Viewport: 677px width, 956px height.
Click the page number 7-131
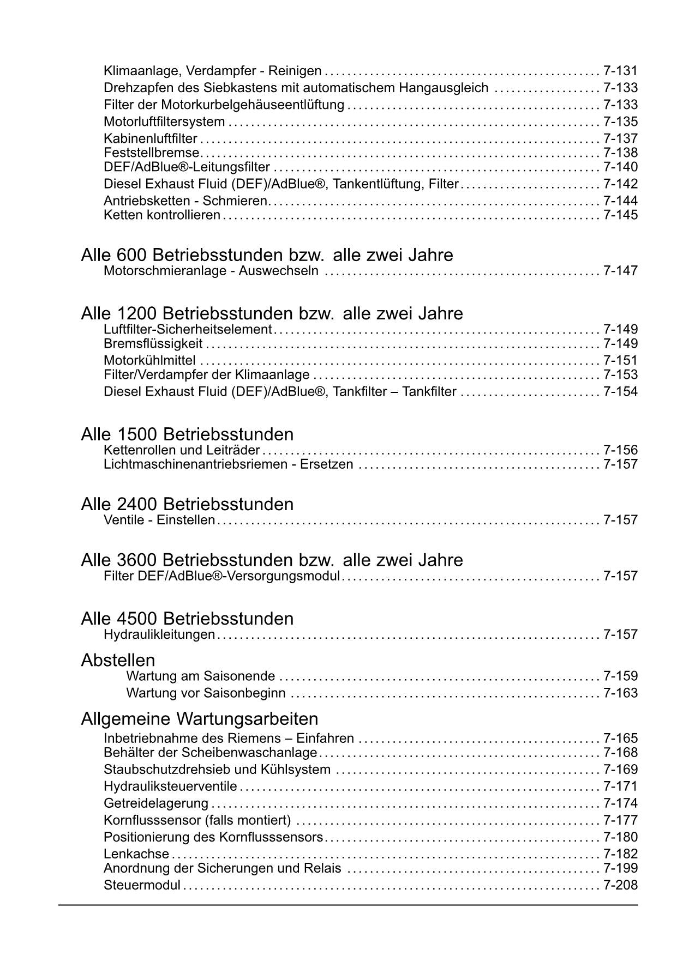[x=620, y=71]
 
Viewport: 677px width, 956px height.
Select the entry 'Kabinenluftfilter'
[x=150, y=139]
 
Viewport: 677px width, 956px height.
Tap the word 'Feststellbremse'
[x=151, y=153]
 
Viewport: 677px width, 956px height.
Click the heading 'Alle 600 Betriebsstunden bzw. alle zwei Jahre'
[x=267, y=255]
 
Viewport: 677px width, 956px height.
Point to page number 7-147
[x=620, y=271]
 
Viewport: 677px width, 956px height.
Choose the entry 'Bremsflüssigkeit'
[x=153, y=344]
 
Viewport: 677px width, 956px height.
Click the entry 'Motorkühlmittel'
[x=149, y=360]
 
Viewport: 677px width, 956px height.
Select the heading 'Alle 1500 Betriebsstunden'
[x=187, y=434]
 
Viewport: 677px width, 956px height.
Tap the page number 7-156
[x=620, y=450]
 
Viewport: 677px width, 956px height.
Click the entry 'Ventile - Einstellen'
[x=159, y=520]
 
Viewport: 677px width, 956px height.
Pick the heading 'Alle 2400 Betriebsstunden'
[x=187, y=504]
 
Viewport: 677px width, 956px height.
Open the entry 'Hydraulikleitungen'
[x=159, y=634]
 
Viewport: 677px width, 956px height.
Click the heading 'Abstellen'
[x=118, y=661]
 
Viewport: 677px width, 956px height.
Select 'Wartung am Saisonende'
[x=200, y=676]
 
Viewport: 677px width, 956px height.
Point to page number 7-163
[x=620, y=693]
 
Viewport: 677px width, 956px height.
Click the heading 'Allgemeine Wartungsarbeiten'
[x=199, y=719]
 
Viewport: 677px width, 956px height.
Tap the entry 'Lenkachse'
[x=136, y=854]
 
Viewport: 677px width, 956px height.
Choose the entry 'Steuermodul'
[x=142, y=885]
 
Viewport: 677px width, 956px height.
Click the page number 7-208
[x=620, y=885]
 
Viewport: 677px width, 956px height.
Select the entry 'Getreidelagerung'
[x=156, y=803]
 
